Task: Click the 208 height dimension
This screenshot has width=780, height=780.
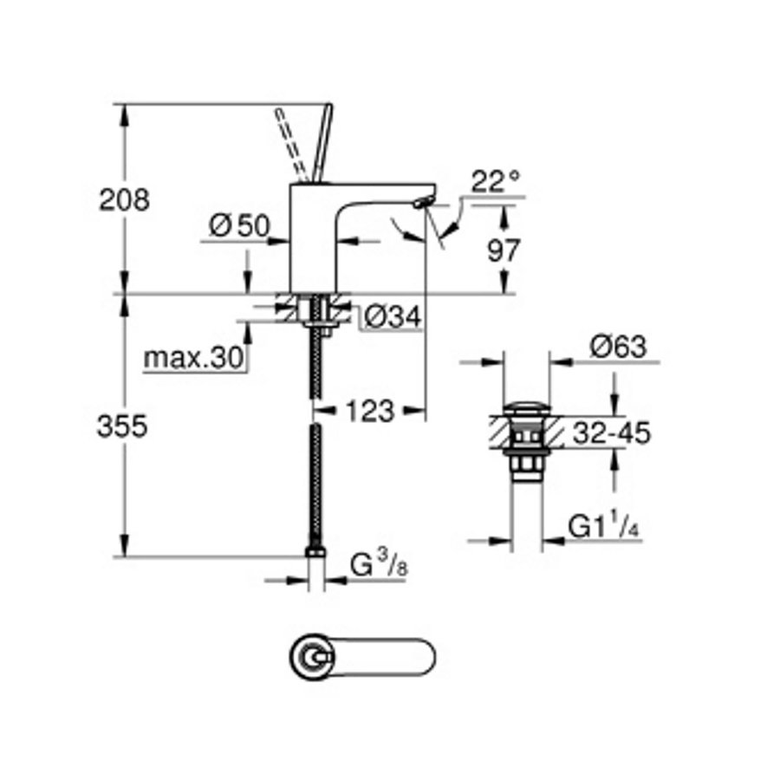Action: [x=124, y=199]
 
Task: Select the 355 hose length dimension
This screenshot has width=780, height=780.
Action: [x=123, y=426]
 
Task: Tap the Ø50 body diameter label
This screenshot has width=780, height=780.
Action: [x=239, y=227]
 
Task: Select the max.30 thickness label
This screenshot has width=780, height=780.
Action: [x=193, y=357]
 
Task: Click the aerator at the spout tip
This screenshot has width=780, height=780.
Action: [x=420, y=202]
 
